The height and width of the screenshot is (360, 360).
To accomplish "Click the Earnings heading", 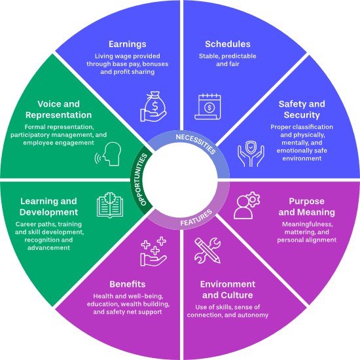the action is click(x=128, y=44).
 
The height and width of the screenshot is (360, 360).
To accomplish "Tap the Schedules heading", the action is click(x=228, y=44).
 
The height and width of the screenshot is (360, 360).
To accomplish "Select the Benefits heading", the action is click(x=128, y=284).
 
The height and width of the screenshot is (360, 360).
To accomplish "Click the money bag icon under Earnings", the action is click(x=153, y=107).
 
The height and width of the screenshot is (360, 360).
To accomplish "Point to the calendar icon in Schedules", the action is click(x=207, y=107).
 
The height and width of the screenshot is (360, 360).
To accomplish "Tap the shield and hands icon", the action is click(x=251, y=154).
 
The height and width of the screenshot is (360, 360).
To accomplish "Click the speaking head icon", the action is click(x=108, y=154).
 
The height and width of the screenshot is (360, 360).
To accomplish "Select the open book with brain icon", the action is click(x=110, y=205).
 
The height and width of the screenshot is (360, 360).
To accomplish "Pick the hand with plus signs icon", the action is click(x=153, y=251).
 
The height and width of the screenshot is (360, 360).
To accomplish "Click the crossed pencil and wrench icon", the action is click(x=207, y=251).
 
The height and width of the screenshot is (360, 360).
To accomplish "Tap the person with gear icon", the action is click(x=247, y=205).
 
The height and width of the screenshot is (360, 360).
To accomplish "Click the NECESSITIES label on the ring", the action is click(x=196, y=144).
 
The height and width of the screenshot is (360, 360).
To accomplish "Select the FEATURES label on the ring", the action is click(x=196, y=218).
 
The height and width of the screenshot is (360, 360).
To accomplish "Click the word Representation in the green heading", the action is click(x=58, y=115).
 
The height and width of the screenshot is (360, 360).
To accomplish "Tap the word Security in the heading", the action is click(x=302, y=115).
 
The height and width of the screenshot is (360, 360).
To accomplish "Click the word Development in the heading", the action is click(x=48, y=212).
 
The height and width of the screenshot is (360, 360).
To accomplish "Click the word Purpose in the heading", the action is click(x=306, y=202).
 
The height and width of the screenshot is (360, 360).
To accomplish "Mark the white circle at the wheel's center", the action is click(x=180, y=180).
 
